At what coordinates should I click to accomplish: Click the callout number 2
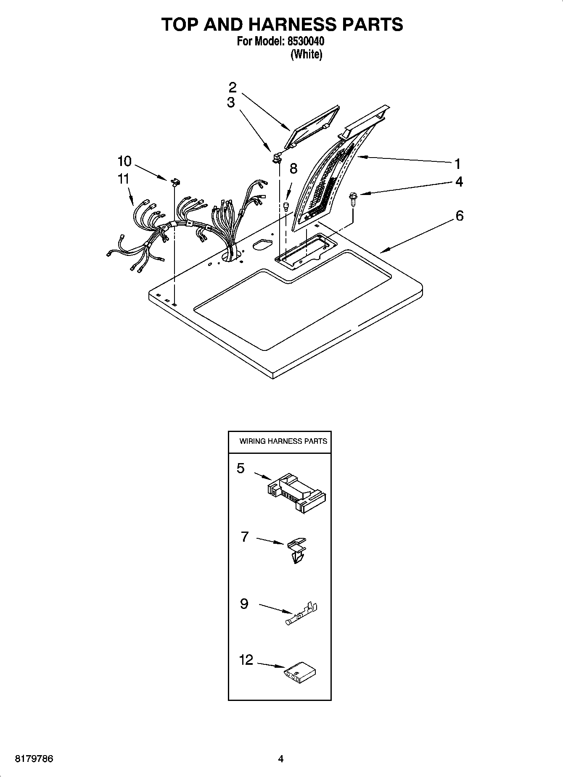click(233, 88)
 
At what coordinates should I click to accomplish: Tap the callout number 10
click(124, 161)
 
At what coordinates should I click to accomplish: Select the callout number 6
click(460, 216)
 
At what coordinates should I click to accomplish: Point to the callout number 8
click(293, 169)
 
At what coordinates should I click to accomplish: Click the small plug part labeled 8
click(286, 206)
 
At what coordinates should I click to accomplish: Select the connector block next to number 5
click(297, 491)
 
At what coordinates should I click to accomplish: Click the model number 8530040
click(306, 42)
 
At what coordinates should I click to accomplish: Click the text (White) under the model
click(307, 54)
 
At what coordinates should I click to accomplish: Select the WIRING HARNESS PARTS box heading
click(283, 441)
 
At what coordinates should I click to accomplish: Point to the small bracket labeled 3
click(277, 158)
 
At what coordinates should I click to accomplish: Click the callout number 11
click(123, 179)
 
